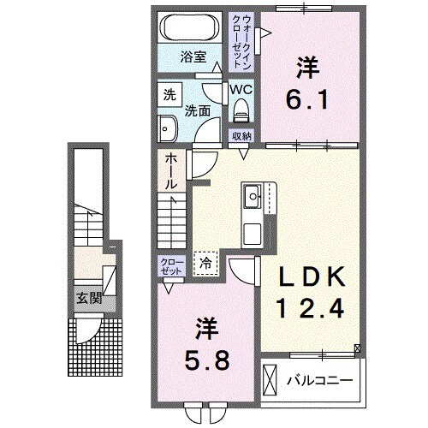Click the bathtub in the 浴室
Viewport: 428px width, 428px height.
(x=190, y=27)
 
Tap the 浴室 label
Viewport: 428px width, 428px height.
(x=193, y=57)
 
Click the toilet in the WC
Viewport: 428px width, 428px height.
(x=241, y=110)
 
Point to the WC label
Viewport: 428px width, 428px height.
(x=241, y=90)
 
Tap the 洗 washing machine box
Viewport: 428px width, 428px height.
(x=170, y=95)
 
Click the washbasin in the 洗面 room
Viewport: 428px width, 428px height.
(x=168, y=128)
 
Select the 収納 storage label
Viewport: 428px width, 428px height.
(x=241, y=136)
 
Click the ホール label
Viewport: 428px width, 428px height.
(x=171, y=171)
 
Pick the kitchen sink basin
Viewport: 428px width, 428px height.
(x=252, y=196)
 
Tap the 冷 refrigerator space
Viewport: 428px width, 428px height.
(x=205, y=264)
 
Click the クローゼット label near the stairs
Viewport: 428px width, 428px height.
(x=172, y=266)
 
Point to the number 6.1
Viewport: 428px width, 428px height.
(x=307, y=99)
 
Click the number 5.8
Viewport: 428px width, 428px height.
(x=206, y=360)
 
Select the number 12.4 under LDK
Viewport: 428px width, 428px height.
(x=311, y=308)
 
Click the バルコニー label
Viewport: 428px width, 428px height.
(x=320, y=380)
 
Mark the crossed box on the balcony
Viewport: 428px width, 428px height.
(x=270, y=380)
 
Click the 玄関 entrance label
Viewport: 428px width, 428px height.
(x=89, y=299)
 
